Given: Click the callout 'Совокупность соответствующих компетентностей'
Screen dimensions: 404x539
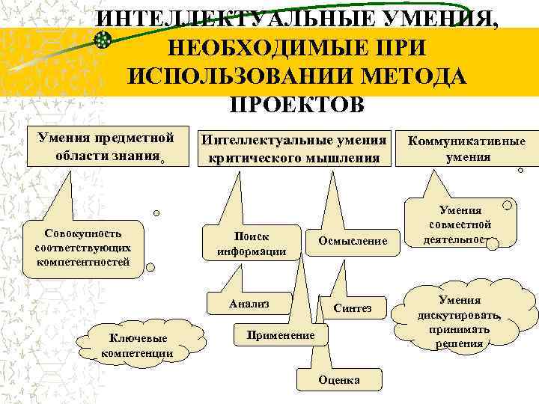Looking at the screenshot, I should (82, 248).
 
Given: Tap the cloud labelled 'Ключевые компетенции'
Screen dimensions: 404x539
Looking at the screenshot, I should (136, 346).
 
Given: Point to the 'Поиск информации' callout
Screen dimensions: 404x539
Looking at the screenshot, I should (252, 243).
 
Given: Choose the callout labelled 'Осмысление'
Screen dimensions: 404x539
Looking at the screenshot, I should (353, 241).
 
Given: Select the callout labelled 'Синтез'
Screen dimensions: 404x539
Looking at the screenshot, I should (352, 308).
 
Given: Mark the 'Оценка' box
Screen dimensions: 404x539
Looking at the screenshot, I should (338, 379).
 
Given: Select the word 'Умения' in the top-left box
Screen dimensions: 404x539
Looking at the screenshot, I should (62, 138).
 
